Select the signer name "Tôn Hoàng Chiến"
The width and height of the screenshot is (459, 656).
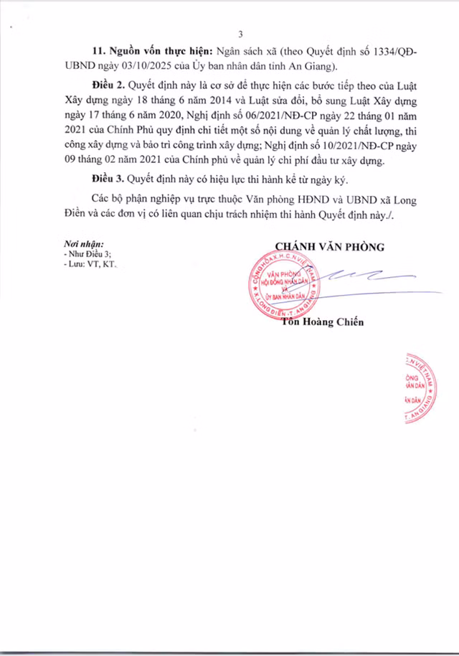[x=322, y=322]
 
